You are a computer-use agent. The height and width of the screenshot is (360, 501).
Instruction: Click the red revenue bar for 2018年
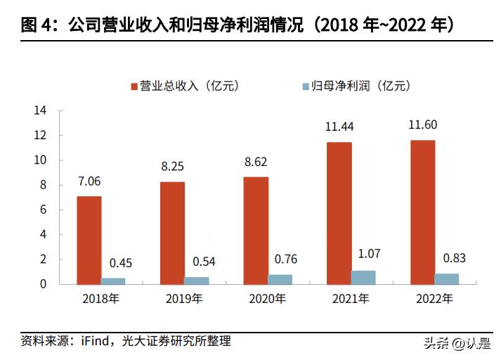click(x=89, y=240)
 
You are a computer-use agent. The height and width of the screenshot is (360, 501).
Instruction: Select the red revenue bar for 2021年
click(x=339, y=213)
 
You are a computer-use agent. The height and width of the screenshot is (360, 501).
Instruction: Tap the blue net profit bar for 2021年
click(x=363, y=277)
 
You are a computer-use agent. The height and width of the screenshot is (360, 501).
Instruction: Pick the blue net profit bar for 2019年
click(x=197, y=281)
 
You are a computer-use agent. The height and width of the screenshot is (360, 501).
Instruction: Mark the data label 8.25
click(x=172, y=167)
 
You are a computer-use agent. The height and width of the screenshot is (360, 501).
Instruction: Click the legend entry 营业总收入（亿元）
click(x=185, y=86)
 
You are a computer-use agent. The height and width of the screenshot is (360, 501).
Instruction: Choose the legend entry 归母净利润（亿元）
click(x=356, y=86)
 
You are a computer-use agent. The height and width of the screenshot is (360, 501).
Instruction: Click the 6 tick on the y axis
click(x=43, y=210)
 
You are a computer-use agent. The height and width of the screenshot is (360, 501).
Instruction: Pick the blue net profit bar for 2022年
click(x=446, y=278)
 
